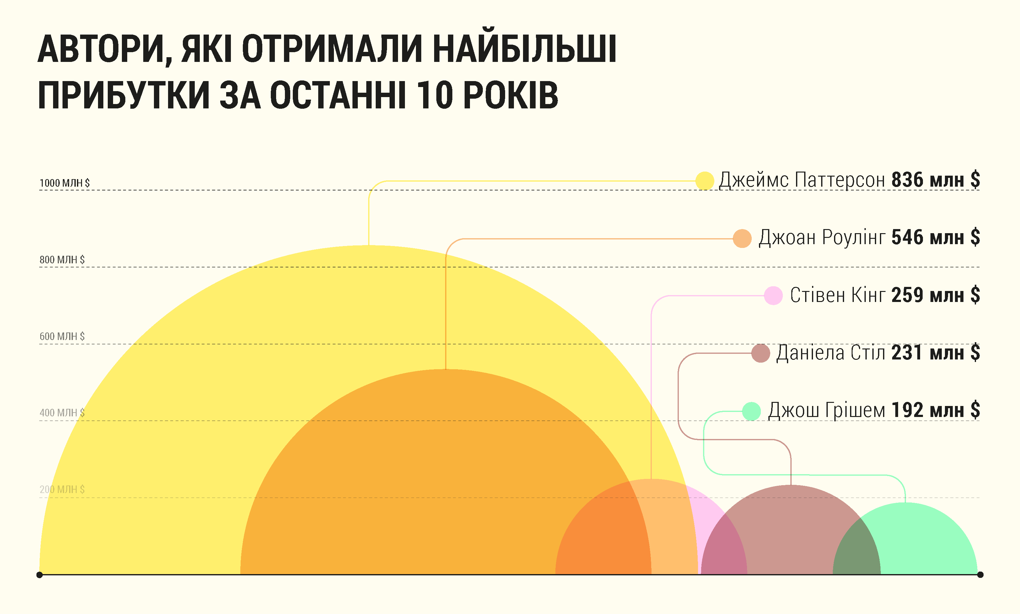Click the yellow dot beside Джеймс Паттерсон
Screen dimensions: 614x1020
[704, 181]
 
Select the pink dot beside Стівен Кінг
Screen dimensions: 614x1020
[773, 296]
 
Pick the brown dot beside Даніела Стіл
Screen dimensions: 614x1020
[760, 353]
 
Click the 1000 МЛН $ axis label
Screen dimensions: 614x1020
[64, 183]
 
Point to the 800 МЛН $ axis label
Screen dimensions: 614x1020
[62, 260]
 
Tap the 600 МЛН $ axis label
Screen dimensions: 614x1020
[62, 336]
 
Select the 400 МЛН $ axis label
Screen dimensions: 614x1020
[62, 413]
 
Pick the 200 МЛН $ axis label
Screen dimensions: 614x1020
[62, 490]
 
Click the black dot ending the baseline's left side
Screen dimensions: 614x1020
[40, 575]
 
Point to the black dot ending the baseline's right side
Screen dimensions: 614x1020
[980, 575]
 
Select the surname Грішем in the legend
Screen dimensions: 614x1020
[855, 411]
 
